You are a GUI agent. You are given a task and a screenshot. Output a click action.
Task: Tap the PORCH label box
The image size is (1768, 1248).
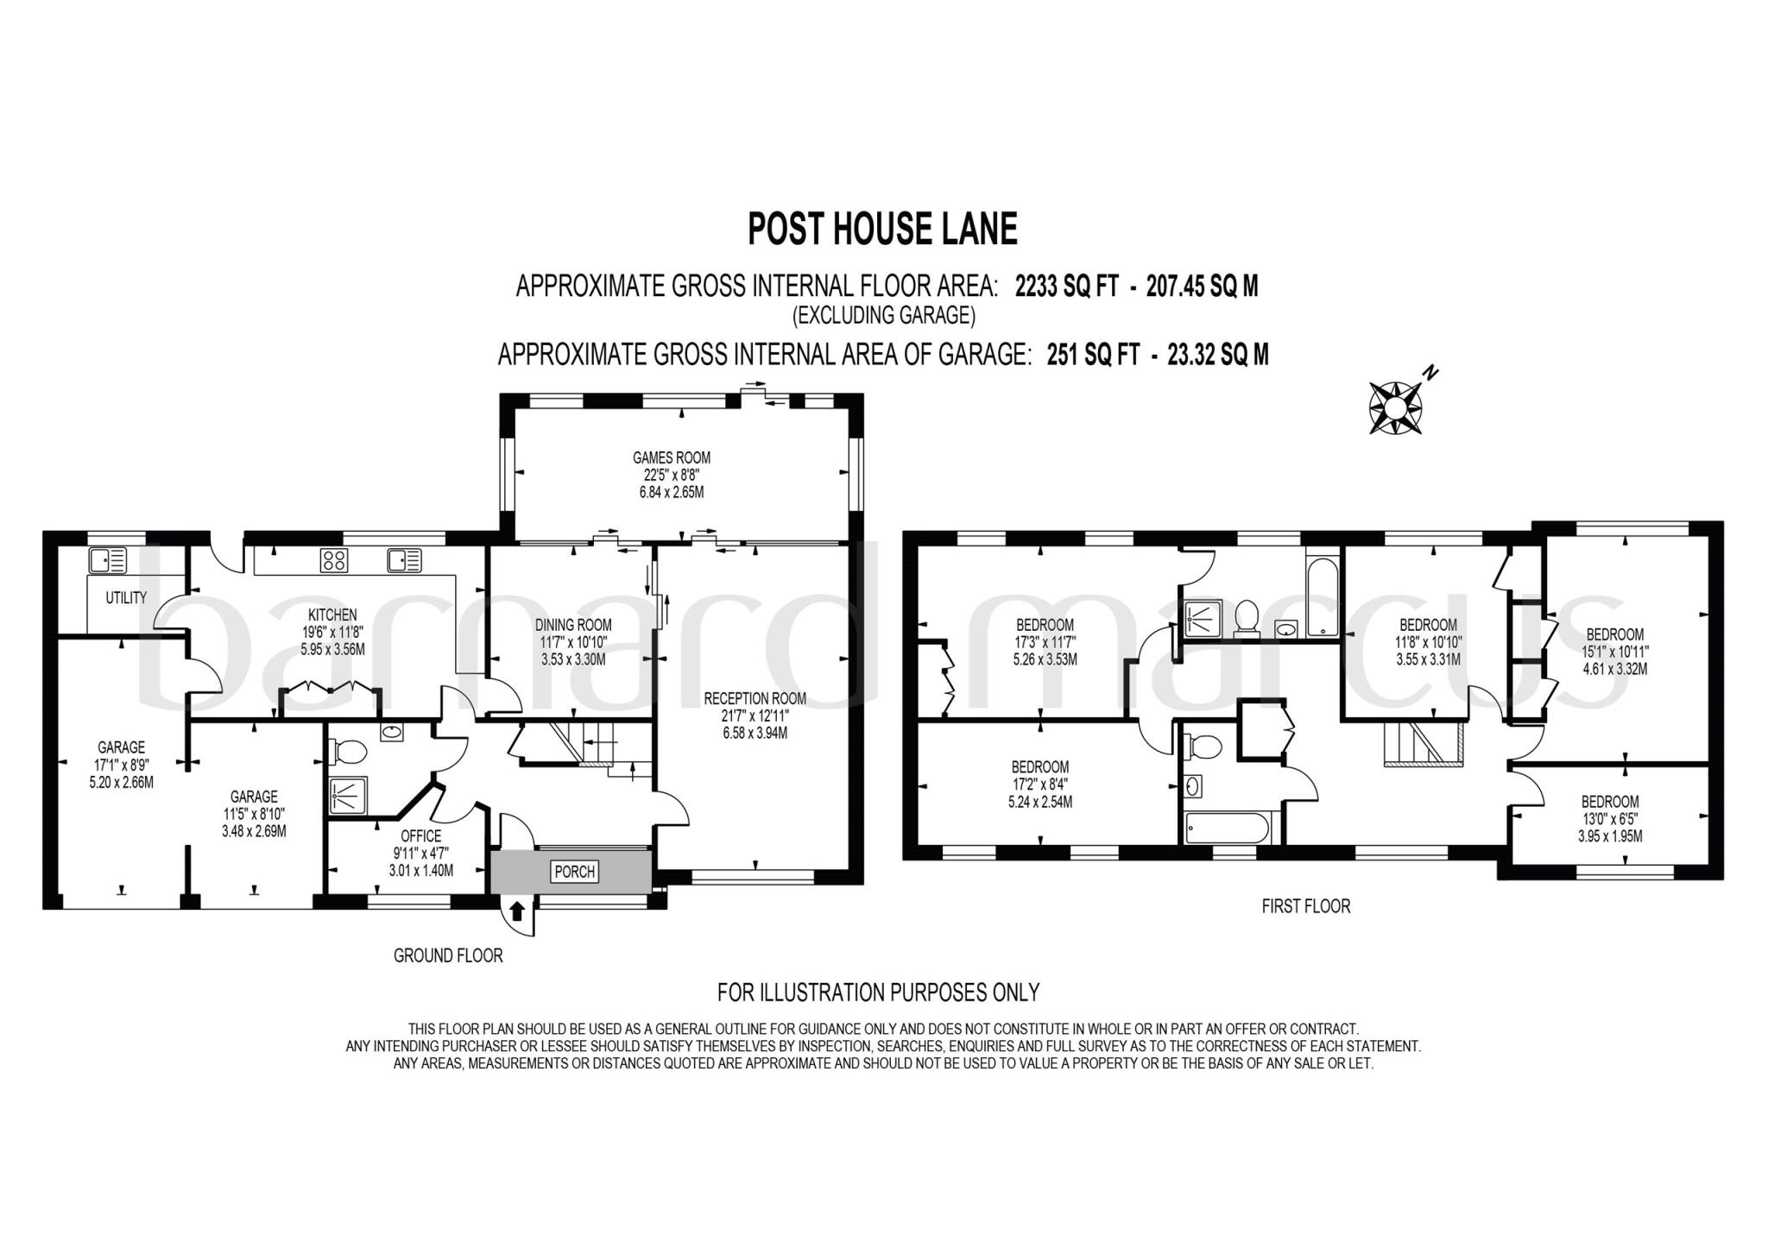click(574, 872)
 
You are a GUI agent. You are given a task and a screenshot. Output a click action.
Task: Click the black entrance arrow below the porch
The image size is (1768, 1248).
click(517, 911)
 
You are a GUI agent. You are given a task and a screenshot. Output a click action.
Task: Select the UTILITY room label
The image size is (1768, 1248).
click(126, 597)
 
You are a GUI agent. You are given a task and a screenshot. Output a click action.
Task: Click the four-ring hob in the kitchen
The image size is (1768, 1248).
click(334, 560)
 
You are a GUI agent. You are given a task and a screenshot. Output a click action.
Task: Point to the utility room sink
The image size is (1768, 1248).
click(107, 561)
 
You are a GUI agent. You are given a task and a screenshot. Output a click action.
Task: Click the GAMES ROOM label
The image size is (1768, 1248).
click(672, 457)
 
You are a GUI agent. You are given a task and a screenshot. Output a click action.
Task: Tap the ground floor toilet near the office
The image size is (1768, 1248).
click(348, 752)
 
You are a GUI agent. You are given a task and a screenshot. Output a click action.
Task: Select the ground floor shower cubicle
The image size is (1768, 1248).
click(348, 795)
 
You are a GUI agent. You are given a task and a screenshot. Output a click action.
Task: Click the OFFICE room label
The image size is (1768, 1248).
click(420, 836)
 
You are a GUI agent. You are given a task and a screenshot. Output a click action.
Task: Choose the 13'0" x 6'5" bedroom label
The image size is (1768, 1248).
click(1610, 818)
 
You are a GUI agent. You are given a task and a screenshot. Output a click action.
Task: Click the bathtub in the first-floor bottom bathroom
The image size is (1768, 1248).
click(1227, 829)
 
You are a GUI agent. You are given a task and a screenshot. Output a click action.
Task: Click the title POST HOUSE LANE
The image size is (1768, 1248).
click(882, 230)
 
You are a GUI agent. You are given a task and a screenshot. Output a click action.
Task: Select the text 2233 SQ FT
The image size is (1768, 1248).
click(1065, 287)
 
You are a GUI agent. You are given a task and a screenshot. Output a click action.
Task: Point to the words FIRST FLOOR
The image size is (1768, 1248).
click(1305, 906)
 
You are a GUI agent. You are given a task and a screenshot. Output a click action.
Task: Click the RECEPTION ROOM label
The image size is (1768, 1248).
click(755, 698)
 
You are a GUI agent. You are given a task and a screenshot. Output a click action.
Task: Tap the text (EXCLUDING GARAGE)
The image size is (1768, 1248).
click(883, 316)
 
